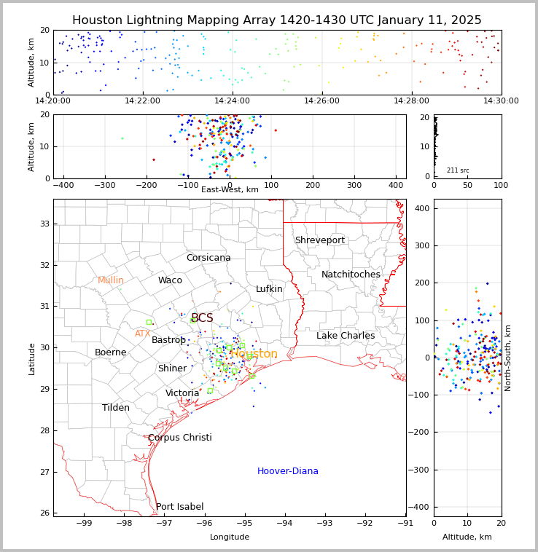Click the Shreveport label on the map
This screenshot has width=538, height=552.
click(x=319, y=240)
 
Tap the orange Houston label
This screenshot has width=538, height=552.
click(x=254, y=354)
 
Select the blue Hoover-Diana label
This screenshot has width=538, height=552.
click(x=287, y=471)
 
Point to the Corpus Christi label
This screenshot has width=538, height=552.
click(x=179, y=438)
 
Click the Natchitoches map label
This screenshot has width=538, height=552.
click(x=351, y=275)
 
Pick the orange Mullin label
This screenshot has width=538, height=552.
click(x=111, y=280)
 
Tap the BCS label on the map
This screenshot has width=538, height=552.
click(x=202, y=318)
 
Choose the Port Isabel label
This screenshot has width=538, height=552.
click(x=179, y=507)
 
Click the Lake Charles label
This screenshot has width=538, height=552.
click(x=346, y=336)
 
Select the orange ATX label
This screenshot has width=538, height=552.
click(x=142, y=334)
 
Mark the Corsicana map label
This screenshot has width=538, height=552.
click(x=208, y=258)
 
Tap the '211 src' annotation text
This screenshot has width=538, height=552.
click(x=458, y=170)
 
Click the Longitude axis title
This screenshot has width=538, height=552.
click(x=230, y=537)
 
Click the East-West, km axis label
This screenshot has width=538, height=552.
click(x=230, y=190)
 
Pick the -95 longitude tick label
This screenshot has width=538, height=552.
click(x=245, y=522)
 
